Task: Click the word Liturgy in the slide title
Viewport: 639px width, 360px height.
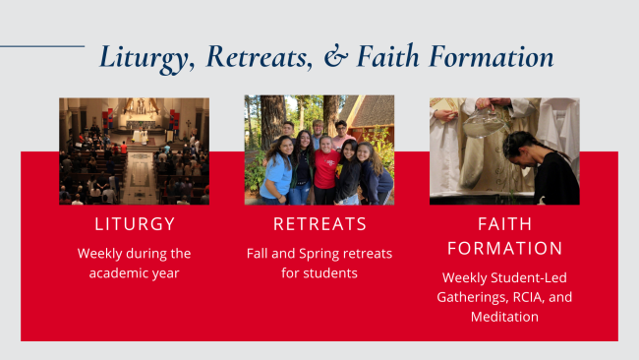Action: coord(144,57)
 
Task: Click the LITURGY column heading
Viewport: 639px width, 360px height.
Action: coord(134,223)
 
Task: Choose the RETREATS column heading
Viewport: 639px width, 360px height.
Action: coord(319,223)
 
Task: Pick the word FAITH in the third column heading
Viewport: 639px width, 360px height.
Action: coord(503,223)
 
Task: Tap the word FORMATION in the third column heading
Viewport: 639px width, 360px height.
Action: coord(503,248)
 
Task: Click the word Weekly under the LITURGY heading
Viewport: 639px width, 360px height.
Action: coord(102,254)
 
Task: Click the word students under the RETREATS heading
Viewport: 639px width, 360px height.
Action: coord(331,272)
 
